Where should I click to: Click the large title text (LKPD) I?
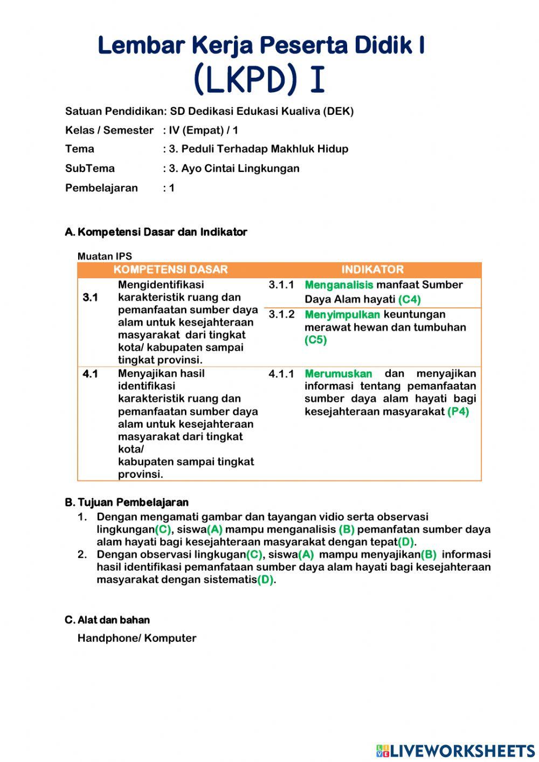259,79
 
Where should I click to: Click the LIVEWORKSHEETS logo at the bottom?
455,750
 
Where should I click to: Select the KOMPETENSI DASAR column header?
170,270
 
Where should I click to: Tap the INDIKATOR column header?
372,270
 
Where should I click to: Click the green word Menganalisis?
338,285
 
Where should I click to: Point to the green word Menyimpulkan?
342,314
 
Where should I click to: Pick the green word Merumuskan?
338,374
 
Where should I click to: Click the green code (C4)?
409,299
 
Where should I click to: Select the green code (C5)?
315,340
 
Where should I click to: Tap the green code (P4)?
458,411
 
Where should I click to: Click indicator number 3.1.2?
281,314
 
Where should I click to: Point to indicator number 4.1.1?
281,374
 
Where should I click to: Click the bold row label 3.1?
90,297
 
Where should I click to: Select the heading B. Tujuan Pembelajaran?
127,503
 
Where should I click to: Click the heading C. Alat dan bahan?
107,620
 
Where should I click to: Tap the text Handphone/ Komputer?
137,638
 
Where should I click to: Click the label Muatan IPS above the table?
105,256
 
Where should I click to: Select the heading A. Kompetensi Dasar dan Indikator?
156,232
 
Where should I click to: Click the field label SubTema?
89,168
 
